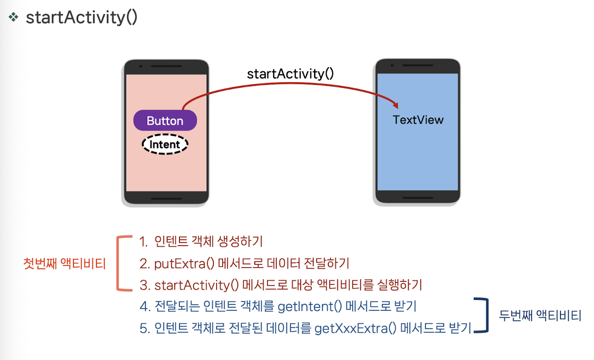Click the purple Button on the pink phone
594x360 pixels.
pos(165,121)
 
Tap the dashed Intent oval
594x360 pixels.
pos(165,145)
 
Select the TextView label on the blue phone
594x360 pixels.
pos(418,120)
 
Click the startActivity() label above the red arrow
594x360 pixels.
pos(290,74)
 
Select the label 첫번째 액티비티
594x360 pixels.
pos(65,264)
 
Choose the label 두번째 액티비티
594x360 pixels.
pos(540,316)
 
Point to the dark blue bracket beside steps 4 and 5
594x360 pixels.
pos(482,315)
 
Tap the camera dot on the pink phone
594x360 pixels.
pos(140,67)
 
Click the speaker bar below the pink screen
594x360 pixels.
pos(166,198)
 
